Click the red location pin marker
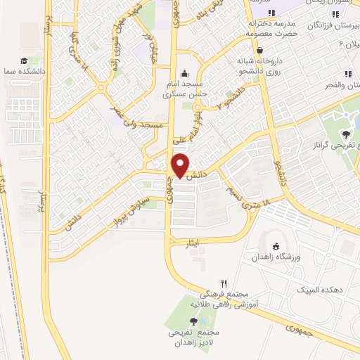coord(180,165)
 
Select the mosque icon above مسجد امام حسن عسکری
coord(185,72)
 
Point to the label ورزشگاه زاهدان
coord(276,257)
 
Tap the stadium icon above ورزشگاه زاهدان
coord(276,246)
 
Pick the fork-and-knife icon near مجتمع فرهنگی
coord(224,283)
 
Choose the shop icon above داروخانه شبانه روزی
coord(261,51)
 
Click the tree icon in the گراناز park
coord(346,134)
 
